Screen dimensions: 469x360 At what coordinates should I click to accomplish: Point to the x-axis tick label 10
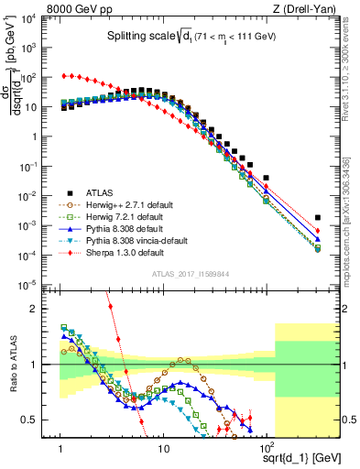(163, 449)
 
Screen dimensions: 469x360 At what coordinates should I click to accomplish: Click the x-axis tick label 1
(60, 449)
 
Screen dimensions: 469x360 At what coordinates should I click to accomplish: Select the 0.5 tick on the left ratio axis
(39, 420)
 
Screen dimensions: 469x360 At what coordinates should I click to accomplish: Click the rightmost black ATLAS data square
(317, 218)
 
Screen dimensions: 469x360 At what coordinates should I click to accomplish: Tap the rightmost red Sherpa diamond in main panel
(317, 231)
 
